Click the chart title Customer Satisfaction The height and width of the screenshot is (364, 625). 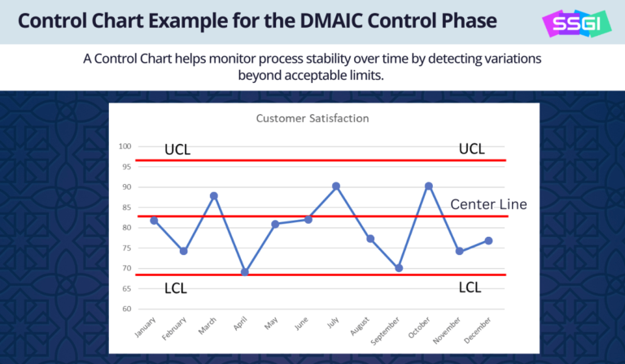(312, 118)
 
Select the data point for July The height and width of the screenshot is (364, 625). (335, 186)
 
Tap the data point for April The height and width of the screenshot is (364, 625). (244, 272)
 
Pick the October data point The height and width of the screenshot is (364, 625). (428, 186)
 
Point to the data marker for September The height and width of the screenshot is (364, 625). (399, 268)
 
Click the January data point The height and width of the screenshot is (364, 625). (154, 220)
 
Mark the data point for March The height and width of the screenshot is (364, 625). (213, 195)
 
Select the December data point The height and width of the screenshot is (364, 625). (488, 240)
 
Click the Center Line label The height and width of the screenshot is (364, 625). (488, 204)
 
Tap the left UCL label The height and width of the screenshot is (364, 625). (177, 149)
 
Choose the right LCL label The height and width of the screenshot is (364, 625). (470, 287)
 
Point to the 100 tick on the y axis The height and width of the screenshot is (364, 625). (125, 147)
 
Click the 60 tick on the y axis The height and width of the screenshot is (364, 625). (126, 309)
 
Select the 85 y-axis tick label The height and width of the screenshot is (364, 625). (126, 208)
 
